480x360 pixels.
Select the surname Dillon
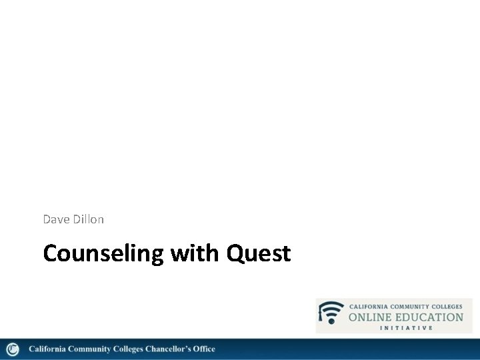tap(87, 219)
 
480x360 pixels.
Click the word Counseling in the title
tap(103, 254)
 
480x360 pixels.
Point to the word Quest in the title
tap(259, 254)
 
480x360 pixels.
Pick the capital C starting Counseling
tap(51, 254)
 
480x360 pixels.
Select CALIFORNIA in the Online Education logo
tap(367, 306)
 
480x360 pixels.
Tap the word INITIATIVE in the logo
tap(406, 327)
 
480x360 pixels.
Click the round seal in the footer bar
tap(13, 349)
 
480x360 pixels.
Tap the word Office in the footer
tap(203, 349)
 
